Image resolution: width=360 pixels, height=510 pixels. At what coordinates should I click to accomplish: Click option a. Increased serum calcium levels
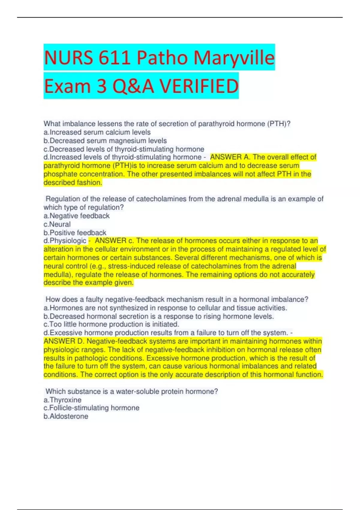97,132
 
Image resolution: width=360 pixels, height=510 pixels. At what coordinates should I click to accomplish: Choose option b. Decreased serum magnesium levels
105,141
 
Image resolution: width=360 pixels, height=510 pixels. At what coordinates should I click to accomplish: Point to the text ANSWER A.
230,157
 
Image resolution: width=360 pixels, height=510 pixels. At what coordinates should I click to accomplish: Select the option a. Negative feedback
76,216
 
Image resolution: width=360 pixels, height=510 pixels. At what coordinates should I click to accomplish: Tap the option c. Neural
57,224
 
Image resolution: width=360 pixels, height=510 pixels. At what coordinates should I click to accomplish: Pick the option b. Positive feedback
75,232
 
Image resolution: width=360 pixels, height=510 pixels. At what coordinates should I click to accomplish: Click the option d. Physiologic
65,241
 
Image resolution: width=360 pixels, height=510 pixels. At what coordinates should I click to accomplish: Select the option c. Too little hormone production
111,324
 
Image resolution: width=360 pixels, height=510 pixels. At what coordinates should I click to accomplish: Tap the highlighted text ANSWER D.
64,341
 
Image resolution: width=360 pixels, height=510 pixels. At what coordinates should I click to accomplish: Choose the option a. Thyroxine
62,400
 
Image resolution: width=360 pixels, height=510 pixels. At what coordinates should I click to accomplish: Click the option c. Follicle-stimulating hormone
91,408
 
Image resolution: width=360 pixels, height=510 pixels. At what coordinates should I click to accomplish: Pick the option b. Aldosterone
66,416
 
